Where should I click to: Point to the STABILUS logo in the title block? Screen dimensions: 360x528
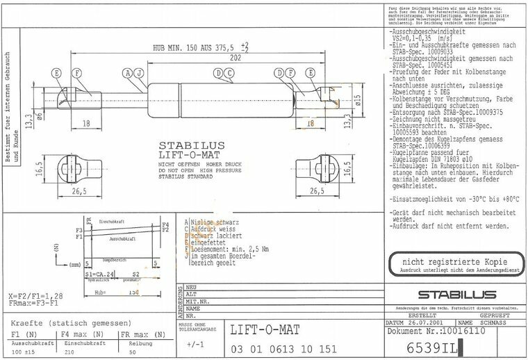pos(456,295)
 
